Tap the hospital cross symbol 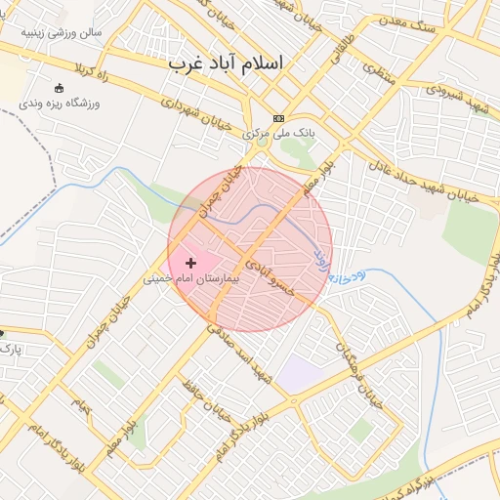[189, 263]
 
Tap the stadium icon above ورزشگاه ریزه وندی [59, 88]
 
